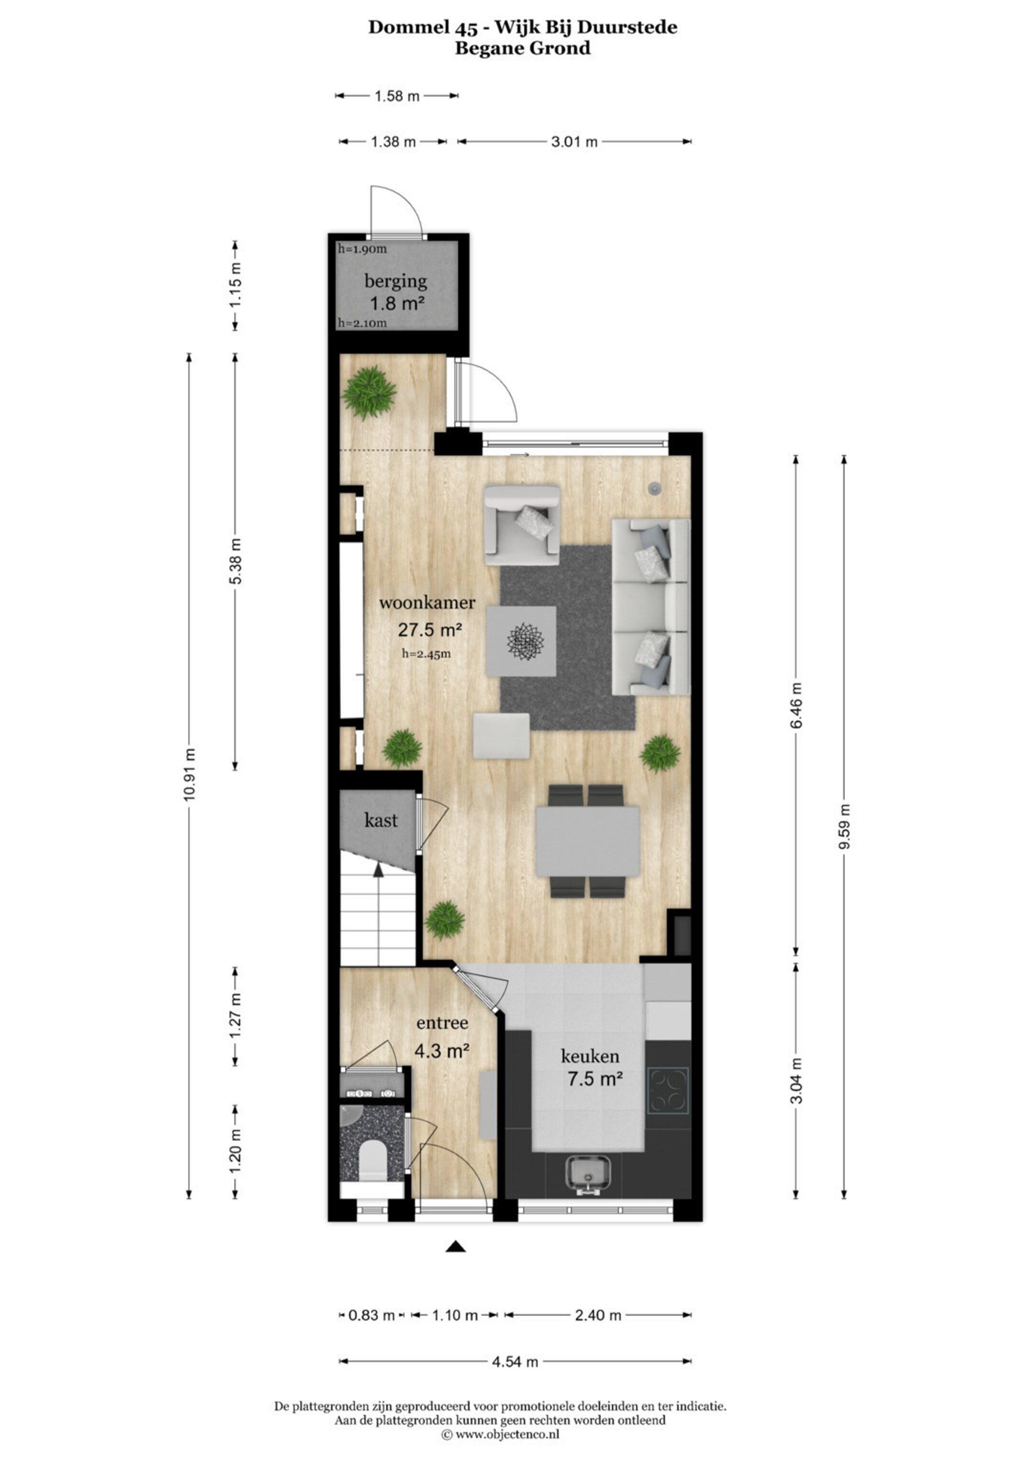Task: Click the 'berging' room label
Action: click(396, 282)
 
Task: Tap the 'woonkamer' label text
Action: click(427, 603)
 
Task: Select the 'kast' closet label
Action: click(381, 820)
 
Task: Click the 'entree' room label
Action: click(442, 1023)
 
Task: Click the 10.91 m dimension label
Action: click(189, 784)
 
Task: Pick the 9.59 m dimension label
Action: click(844, 827)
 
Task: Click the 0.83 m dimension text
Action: click(372, 1315)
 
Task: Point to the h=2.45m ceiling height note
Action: click(426, 654)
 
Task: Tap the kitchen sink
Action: click(588, 1172)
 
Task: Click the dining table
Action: click(588, 841)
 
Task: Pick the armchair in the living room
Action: click(522, 525)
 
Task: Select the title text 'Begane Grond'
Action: click(523, 48)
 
